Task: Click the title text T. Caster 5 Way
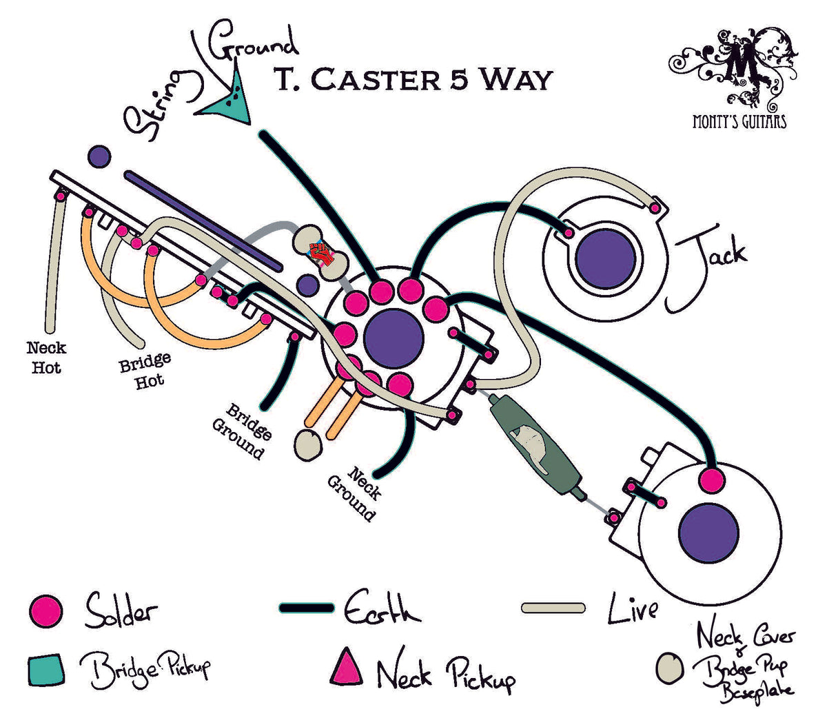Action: (x=413, y=79)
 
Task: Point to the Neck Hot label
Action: (x=46, y=358)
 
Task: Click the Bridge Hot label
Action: (x=145, y=371)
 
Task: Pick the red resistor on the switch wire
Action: (x=320, y=254)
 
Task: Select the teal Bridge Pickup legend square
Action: (x=47, y=669)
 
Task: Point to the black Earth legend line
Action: (x=307, y=608)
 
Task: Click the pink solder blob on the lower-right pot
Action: (x=711, y=480)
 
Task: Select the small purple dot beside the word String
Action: (x=99, y=156)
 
